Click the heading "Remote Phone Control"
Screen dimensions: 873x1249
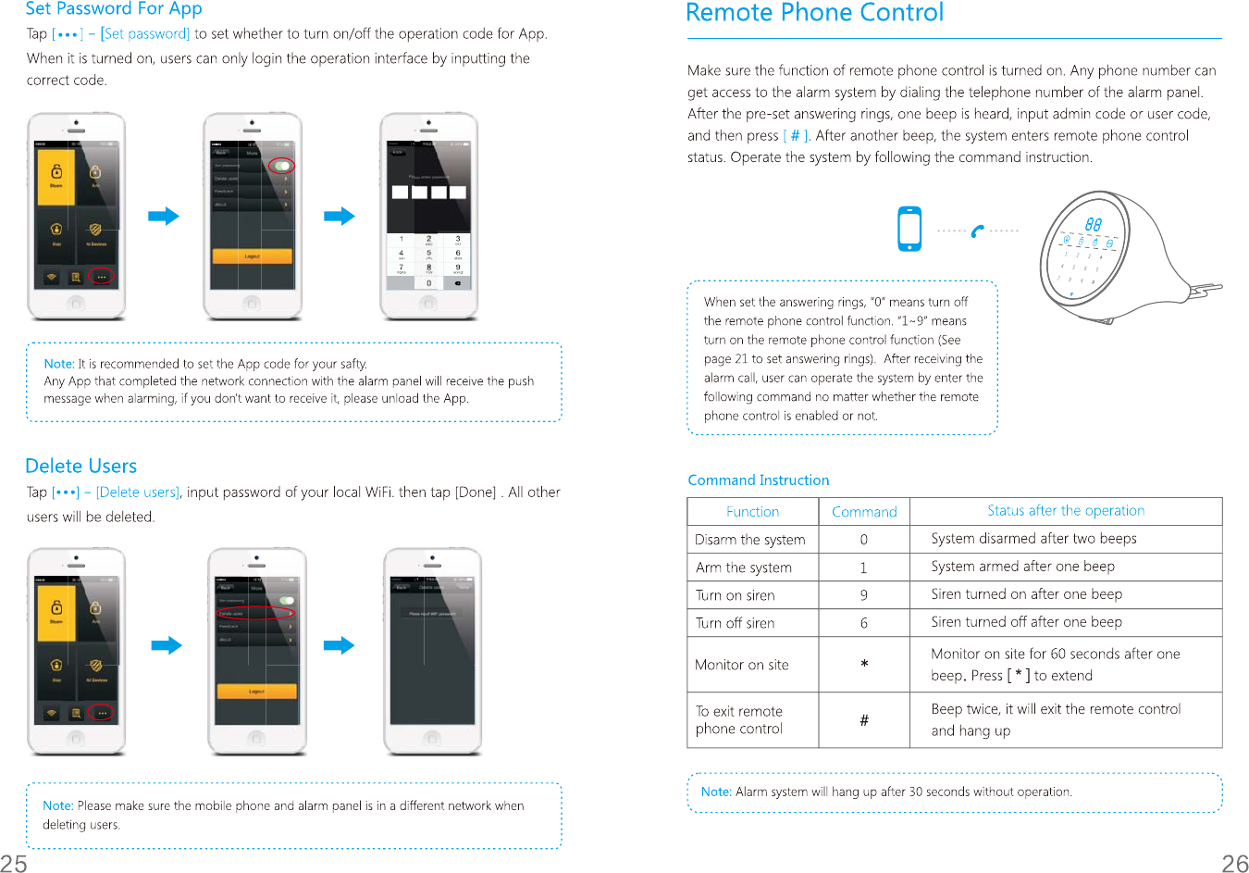point(814,13)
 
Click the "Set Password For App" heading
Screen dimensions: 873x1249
point(114,9)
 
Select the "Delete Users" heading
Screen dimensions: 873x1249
point(81,466)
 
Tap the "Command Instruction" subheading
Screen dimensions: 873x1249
point(758,480)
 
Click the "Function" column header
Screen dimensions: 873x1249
point(752,511)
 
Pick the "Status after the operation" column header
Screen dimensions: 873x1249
point(1065,510)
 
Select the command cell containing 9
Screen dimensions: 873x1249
point(863,595)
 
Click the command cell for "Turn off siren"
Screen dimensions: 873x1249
point(863,623)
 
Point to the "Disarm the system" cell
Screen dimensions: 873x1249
point(750,540)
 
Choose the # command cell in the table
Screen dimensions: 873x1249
point(863,720)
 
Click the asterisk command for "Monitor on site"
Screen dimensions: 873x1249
point(863,665)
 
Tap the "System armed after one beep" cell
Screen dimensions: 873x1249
point(1022,567)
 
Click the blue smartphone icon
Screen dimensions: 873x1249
point(909,229)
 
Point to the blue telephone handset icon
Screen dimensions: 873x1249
point(978,231)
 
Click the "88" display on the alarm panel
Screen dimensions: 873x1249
point(1093,224)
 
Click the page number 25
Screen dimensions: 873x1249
point(14,863)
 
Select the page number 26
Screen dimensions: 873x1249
point(1234,863)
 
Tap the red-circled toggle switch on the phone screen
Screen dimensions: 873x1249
point(281,166)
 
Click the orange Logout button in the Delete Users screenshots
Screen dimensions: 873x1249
point(256,691)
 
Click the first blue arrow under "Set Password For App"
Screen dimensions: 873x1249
point(164,217)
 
